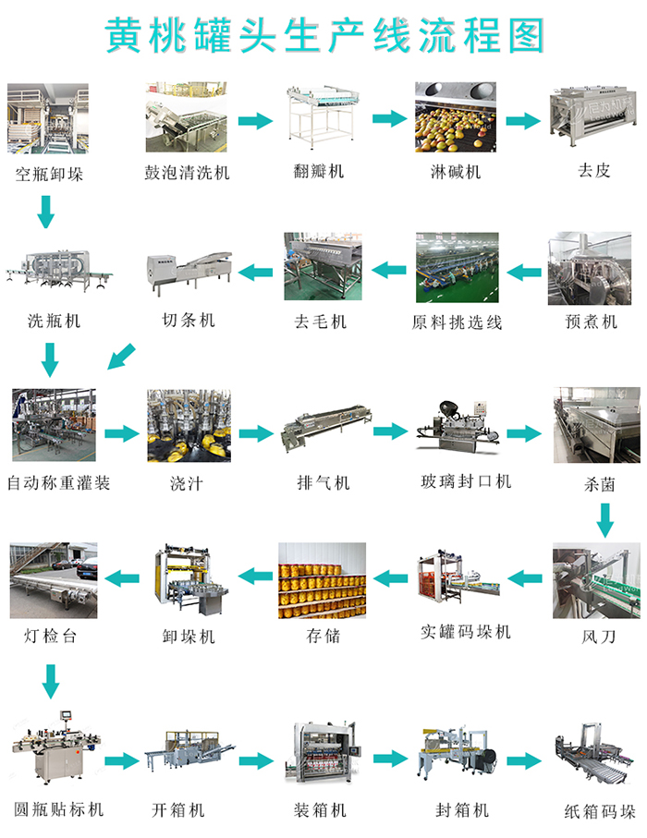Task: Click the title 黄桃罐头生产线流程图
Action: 323,35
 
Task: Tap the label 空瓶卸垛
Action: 49,173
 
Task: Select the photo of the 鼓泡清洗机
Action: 189,118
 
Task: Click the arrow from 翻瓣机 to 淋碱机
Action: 389,119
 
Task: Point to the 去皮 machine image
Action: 594,117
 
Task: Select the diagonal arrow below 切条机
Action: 121,357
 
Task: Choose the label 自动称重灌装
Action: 58,482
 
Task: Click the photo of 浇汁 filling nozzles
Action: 189,426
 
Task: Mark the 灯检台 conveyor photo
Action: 53,580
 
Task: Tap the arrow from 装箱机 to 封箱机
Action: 389,759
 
